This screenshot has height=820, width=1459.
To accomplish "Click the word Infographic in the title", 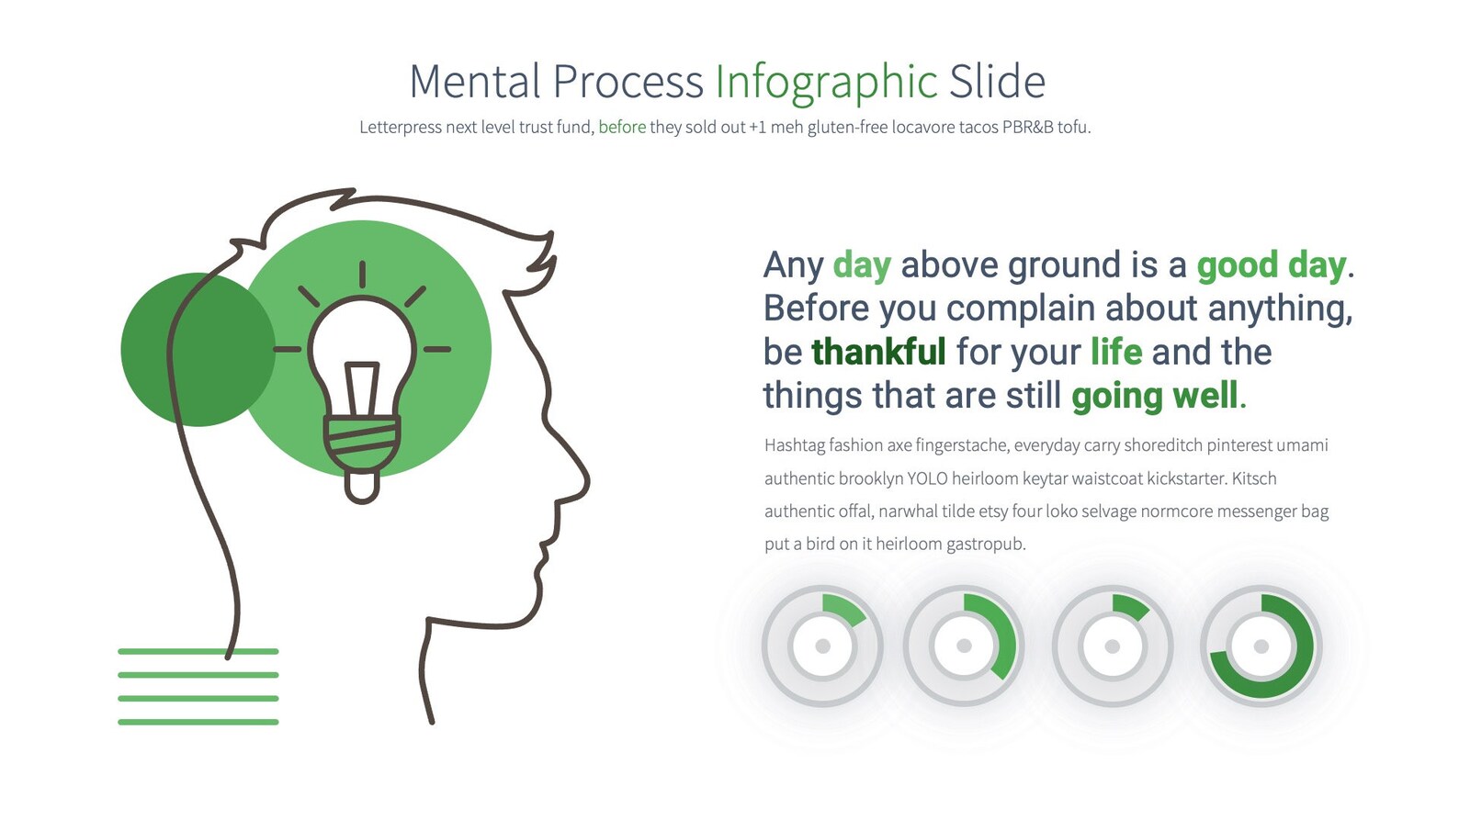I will pos(825,83).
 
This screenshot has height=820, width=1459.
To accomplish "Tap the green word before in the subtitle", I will pos(622,128).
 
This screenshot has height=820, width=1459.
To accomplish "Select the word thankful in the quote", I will pos(878,353).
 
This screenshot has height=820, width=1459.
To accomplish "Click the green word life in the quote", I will pos(1116,353).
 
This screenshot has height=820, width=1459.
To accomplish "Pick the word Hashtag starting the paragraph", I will pos(795,445).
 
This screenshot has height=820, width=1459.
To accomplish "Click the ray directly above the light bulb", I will pos(362,275).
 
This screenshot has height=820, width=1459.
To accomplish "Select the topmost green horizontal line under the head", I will pos(198,652).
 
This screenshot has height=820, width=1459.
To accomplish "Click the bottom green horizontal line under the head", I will pos(198,722).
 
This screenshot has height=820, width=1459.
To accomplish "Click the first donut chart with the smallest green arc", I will pos(822,646).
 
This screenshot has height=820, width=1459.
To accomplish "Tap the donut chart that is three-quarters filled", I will pos(1261,646).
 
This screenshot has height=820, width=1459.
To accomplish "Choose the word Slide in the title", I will pos(997,83).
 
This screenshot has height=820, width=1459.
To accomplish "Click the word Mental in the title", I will pos(474,83).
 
